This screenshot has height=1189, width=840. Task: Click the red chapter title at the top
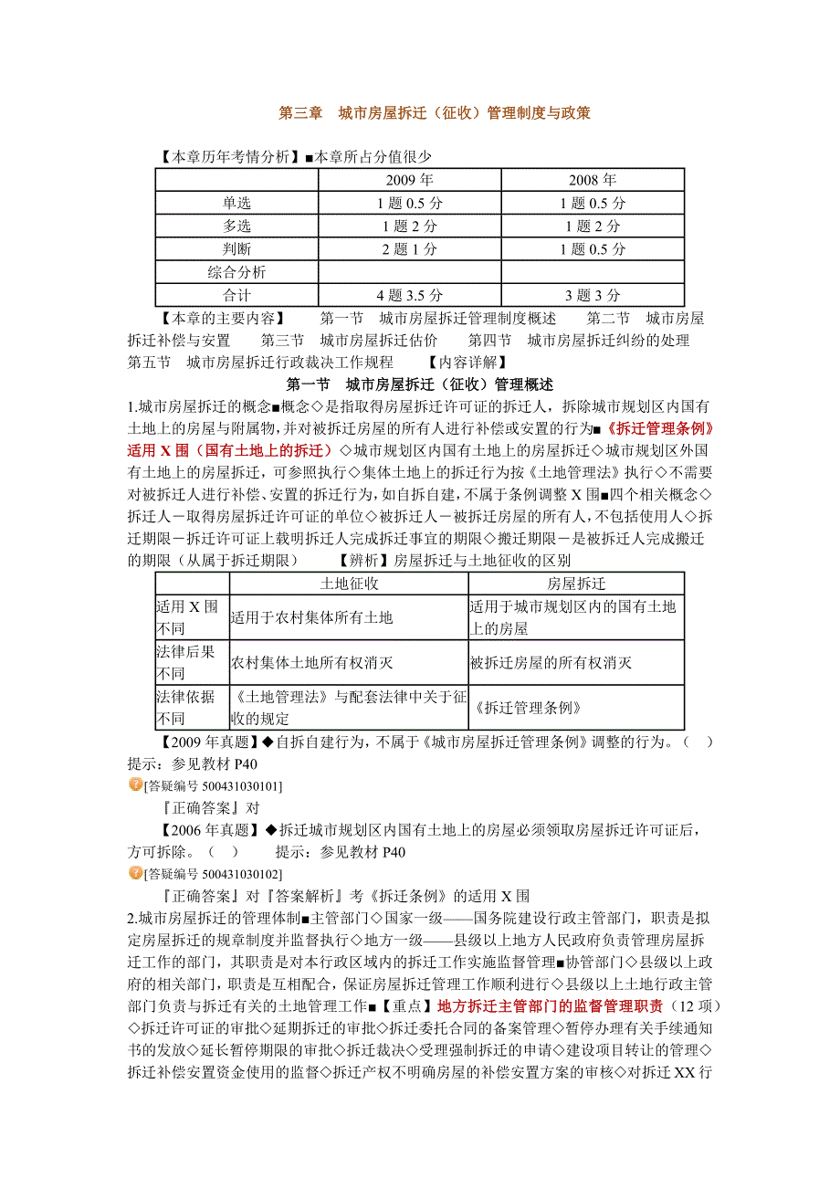point(434,114)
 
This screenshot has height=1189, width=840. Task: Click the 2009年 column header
point(409,180)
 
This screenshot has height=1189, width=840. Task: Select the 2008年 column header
point(593,180)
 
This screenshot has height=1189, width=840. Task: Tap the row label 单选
point(236,203)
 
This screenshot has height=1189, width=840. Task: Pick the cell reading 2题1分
point(409,249)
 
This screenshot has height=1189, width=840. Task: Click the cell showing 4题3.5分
point(409,295)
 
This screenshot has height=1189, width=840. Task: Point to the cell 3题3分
point(593,295)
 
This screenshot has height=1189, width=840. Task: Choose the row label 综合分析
point(236,272)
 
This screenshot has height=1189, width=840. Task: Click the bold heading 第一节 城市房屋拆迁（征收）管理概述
point(420,384)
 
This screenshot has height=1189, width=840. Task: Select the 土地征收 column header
point(349,584)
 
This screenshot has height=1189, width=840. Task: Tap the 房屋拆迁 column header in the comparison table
point(575,584)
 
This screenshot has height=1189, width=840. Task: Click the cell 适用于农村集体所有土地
point(311,617)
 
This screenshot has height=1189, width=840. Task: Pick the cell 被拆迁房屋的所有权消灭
point(550,663)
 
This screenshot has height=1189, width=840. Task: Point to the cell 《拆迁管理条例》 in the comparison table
point(528,708)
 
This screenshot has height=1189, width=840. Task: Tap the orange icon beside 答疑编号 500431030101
point(135,784)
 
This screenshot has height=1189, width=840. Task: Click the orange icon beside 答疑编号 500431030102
point(135,873)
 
